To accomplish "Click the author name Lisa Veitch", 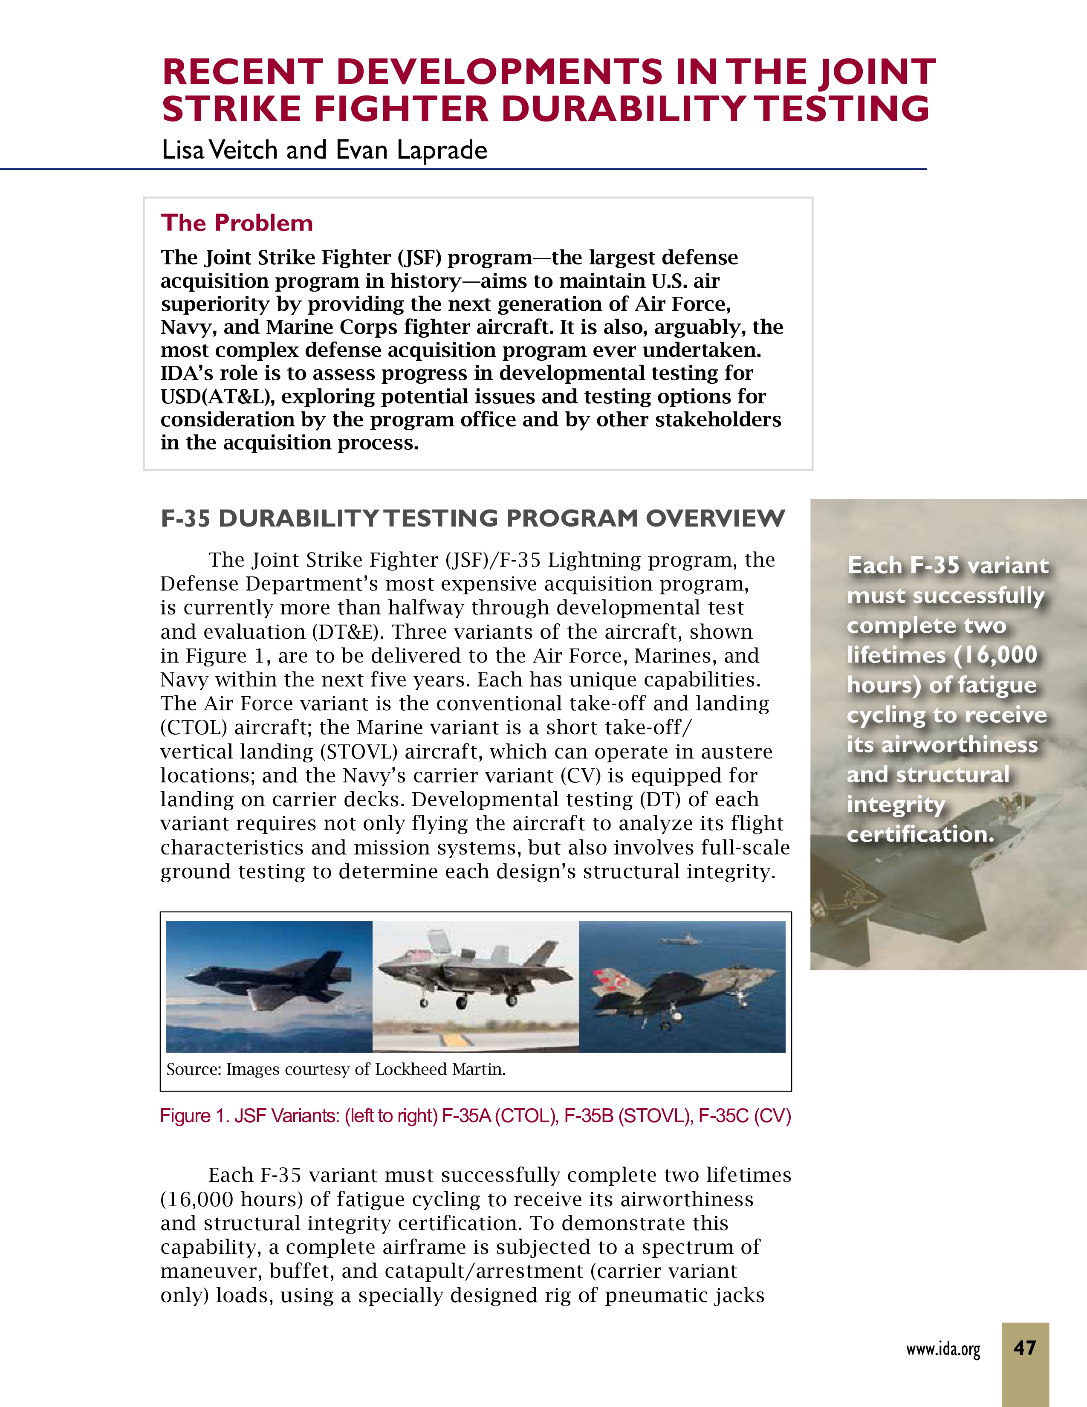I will pyautogui.click(x=219, y=150).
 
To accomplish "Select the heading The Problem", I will pyautogui.click(x=237, y=223).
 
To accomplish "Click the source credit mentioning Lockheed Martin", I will pyautogui.click(x=335, y=1069).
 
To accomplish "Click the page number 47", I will pyautogui.click(x=1024, y=1348).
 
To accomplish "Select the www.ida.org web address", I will pyautogui.click(x=943, y=1349).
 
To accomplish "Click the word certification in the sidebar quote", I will pyautogui.click(x=920, y=834).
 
